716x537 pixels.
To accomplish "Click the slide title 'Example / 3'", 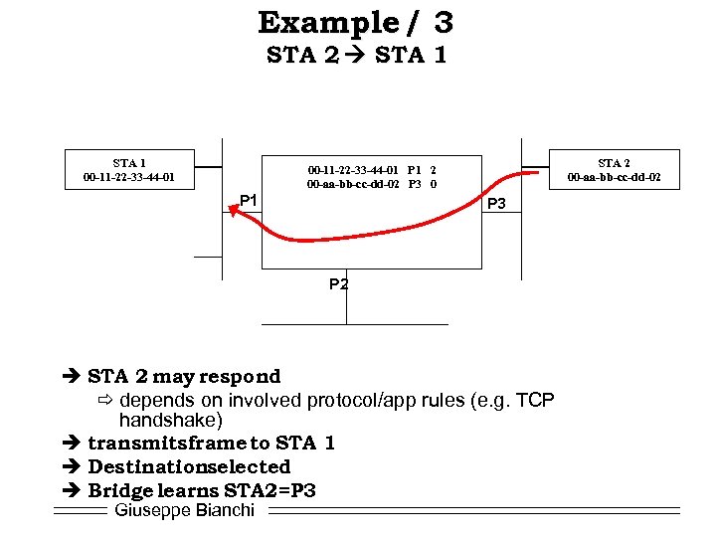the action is tap(356, 21).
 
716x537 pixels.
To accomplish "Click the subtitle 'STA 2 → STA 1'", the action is tap(356, 55).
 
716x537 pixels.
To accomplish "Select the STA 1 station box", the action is tap(129, 169).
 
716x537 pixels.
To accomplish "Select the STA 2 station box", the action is tap(614, 169).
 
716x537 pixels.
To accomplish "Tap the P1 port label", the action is tap(249, 201).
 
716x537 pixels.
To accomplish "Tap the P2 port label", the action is tap(339, 284).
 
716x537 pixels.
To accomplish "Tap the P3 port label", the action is tap(497, 204).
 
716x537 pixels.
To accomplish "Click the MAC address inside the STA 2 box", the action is tap(614, 177).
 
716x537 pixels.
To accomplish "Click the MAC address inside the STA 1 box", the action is tap(129, 177).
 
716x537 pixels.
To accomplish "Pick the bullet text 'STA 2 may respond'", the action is tap(184, 377).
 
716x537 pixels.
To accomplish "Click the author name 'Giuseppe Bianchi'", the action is tap(185, 510).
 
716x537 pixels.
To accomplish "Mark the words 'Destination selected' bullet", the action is tap(189, 467).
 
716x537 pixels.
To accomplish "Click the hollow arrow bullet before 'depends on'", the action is tap(105, 401).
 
